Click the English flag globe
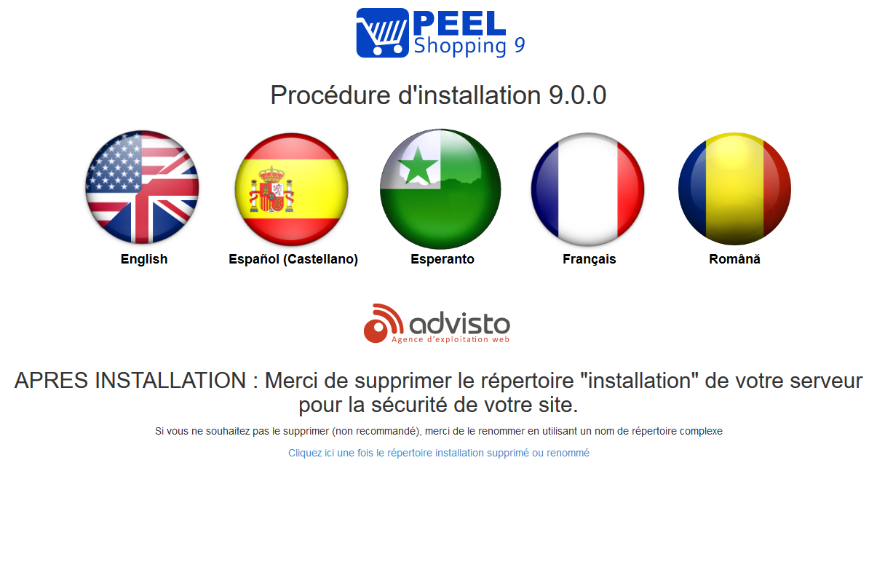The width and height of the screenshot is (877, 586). click(142, 187)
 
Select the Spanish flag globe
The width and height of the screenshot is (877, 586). click(292, 189)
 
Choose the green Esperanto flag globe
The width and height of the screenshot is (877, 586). click(440, 189)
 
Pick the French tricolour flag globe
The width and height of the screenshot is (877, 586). click(587, 189)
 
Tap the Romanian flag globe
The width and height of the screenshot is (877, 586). click(735, 189)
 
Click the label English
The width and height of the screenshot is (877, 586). click(144, 259)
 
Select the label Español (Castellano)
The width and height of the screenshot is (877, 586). click(293, 259)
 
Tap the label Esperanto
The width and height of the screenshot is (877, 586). click(443, 259)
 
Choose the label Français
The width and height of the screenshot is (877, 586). click(590, 259)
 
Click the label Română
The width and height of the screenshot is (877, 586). click(734, 259)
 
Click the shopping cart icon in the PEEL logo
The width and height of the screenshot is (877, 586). click(383, 33)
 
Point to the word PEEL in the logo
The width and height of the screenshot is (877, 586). click(460, 23)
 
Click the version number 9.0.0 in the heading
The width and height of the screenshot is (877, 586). click(577, 95)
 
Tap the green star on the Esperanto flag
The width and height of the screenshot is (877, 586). click(418, 165)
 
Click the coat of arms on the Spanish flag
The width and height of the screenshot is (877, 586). click(271, 189)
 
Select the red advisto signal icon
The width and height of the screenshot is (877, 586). click(384, 323)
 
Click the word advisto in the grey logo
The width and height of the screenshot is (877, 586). click(460, 323)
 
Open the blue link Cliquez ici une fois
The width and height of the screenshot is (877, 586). click(438, 453)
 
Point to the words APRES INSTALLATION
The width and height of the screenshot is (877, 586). click(130, 380)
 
